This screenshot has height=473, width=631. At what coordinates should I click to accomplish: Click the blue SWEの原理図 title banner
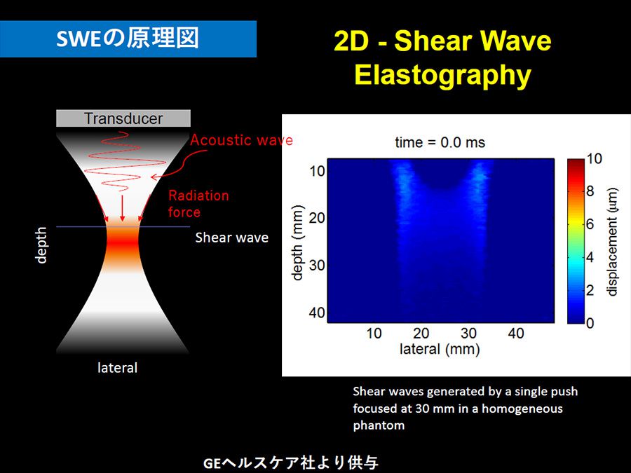pyautogui.click(x=128, y=39)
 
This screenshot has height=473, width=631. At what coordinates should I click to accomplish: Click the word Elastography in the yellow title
pyautogui.click(x=442, y=75)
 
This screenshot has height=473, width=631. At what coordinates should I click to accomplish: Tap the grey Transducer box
pyautogui.click(x=123, y=118)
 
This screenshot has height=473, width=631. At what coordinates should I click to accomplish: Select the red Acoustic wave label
pyautogui.click(x=241, y=140)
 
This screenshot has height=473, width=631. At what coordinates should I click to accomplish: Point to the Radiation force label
pyautogui.click(x=198, y=203)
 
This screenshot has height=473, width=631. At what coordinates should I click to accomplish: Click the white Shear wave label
pyautogui.click(x=232, y=238)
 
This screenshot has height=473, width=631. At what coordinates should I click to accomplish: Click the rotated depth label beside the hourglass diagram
pyautogui.click(x=41, y=245)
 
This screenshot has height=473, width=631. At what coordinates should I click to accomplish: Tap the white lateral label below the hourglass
pyautogui.click(x=118, y=368)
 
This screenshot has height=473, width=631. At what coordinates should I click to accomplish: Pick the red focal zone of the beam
pyautogui.click(x=123, y=244)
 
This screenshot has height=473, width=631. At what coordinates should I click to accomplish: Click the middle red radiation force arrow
pyautogui.click(x=122, y=208)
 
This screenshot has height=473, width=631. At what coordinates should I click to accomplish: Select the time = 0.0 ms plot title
pyautogui.click(x=440, y=142)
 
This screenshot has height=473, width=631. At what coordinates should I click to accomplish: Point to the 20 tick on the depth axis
pyautogui.click(x=317, y=218)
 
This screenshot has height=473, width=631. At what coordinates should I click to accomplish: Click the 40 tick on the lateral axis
pyautogui.click(x=516, y=333)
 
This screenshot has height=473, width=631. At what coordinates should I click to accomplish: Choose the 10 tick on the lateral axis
pyautogui.click(x=374, y=333)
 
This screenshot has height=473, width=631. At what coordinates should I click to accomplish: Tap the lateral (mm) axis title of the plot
pyautogui.click(x=440, y=349)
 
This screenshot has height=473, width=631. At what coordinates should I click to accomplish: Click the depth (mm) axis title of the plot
pyautogui.click(x=297, y=243)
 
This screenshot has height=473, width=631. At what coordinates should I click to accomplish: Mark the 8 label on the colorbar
pyautogui.click(x=590, y=191)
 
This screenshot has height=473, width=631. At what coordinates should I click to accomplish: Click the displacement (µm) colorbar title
pyautogui.click(x=612, y=242)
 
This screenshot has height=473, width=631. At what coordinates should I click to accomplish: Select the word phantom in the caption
pyautogui.click(x=379, y=425)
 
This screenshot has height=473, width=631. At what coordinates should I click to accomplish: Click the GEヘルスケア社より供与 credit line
pyautogui.click(x=290, y=463)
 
